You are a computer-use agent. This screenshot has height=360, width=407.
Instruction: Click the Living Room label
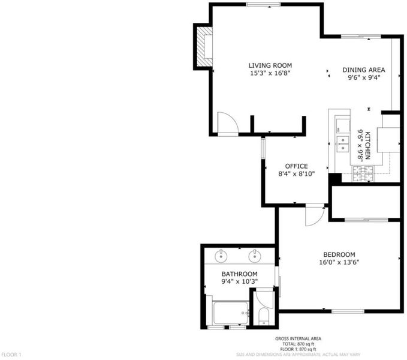pyautogui.click(x=270, y=65)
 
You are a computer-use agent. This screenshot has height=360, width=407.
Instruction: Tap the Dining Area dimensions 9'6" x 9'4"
pyautogui.click(x=364, y=77)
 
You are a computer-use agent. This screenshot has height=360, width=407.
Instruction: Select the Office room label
pyautogui.click(x=297, y=166)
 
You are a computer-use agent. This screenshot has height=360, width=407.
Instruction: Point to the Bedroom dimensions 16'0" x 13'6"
pyautogui.click(x=339, y=262)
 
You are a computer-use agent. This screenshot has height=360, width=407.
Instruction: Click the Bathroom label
pyautogui.click(x=239, y=274)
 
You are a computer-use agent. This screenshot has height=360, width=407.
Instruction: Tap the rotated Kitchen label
pyautogui.click(x=367, y=145)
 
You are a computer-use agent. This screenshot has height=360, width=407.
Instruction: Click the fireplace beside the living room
pyautogui.click(x=204, y=47)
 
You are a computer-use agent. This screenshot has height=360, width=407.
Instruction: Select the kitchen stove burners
pyautogui.click(x=363, y=174)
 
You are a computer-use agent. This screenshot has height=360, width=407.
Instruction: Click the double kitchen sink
pyautogui.click(x=343, y=144)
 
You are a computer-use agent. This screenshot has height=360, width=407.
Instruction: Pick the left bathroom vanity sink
pyautogui.click(x=221, y=256)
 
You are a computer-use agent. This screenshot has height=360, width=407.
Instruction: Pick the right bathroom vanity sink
pyautogui.click(x=255, y=256)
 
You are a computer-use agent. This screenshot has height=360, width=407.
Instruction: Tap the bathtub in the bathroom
pyautogui.click(x=231, y=313)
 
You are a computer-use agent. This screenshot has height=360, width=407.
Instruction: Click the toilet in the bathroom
pyautogui.click(x=264, y=316)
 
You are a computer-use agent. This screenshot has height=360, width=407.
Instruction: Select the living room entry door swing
pyautogui.click(x=228, y=124)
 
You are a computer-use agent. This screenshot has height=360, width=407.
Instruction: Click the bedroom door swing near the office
pyautogui.click(x=315, y=215)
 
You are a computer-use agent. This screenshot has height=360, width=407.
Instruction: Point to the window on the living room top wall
pyautogui.click(x=264, y=4)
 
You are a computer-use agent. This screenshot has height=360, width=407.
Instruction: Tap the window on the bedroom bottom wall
pyautogui.click(x=348, y=311)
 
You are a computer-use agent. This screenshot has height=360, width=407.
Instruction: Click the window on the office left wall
pyautogui.click(x=263, y=148)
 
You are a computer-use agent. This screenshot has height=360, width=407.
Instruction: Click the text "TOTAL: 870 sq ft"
pyautogui.click(x=298, y=344)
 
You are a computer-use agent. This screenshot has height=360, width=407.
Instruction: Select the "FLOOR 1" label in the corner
pyautogui.click(x=11, y=355)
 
